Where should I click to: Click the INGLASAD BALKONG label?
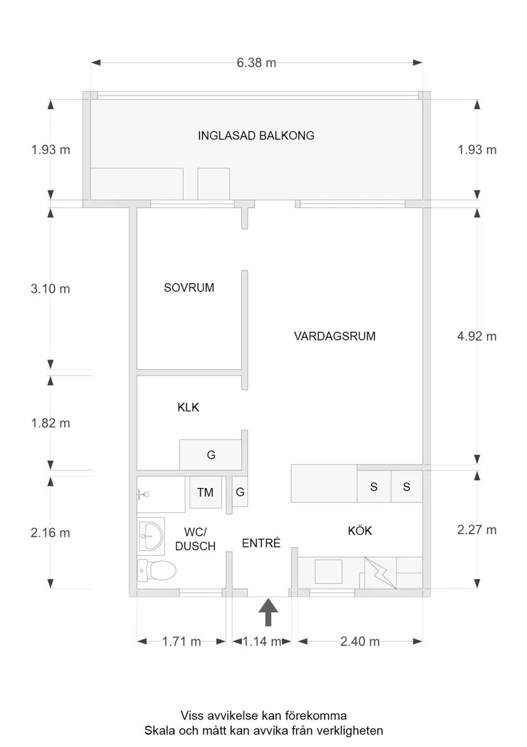256,136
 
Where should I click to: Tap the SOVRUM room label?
189,287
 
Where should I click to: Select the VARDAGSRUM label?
335,336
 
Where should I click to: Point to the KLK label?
188,407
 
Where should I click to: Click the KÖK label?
360,531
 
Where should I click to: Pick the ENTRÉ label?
262,543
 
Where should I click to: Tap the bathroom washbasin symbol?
151,536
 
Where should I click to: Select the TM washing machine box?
206,492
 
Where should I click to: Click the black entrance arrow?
268,612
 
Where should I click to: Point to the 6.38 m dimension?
257,63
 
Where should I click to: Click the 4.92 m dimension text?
477,336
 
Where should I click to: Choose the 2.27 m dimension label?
477,530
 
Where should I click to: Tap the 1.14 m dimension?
262,642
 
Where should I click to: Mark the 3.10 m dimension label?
50,289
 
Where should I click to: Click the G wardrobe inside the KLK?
211,455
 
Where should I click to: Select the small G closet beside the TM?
240,492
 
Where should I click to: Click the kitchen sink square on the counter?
329,572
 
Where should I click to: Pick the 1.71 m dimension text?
181,642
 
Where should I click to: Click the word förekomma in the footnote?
316,716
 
